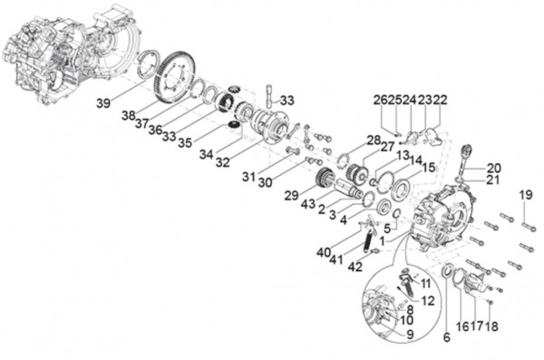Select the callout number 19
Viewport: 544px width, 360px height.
[525, 196]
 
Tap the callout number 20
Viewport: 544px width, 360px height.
[493, 168]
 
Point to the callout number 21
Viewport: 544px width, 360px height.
[493, 180]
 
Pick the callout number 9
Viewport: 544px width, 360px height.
[401, 333]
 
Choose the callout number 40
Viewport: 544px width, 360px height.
[324, 251]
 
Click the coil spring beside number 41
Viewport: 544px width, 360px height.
[368, 240]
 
